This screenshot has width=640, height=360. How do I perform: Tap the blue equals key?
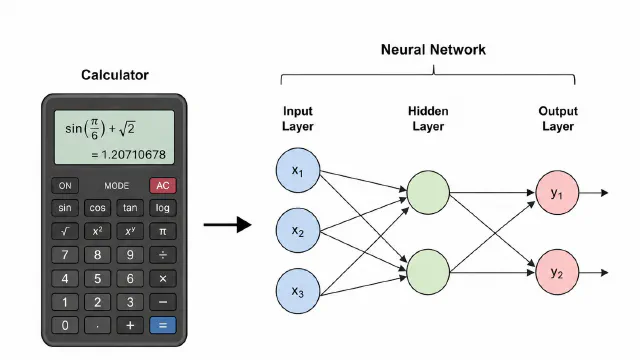pyautogui.click(x=162, y=325)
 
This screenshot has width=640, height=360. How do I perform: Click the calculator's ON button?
pyautogui.click(x=65, y=186)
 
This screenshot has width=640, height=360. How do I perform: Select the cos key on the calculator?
pyautogui.click(x=97, y=208)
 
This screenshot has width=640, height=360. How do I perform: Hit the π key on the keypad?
pyautogui.click(x=162, y=231)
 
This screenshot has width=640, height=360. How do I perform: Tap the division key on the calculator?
pyautogui.click(x=162, y=255)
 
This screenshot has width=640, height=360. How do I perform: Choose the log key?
pyautogui.click(x=162, y=208)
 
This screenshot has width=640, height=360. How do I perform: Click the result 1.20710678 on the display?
pyautogui.click(x=133, y=155)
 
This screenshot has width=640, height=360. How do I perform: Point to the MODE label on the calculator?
pyautogui.click(x=116, y=186)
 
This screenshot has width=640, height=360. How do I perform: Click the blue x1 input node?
pyautogui.click(x=298, y=170)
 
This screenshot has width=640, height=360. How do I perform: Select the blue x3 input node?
pyautogui.click(x=298, y=291)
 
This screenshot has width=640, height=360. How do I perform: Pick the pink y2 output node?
pyautogui.click(x=557, y=272)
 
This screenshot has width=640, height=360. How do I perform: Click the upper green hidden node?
pyautogui.click(x=428, y=193)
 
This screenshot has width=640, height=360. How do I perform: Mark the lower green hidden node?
pyautogui.click(x=428, y=272)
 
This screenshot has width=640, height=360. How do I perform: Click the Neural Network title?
pyautogui.click(x=433, y=50)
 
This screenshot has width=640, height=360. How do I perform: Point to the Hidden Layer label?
pyautogui.click(x=428, y=118)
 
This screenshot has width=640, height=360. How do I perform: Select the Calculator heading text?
pyautogui.click(x=115, y=75)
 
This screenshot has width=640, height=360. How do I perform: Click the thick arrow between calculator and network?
pyautogui.click(x=227, y=224)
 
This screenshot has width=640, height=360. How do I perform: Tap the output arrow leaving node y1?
pyautogui.click(x=594, y=193)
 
